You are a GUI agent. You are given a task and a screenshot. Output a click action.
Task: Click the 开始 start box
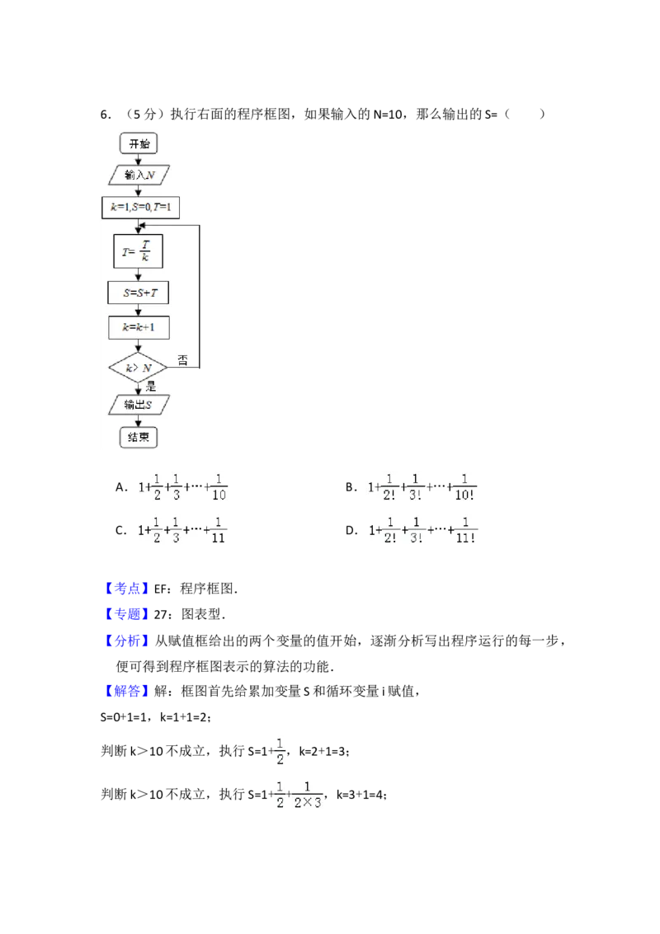(x=139, y=143)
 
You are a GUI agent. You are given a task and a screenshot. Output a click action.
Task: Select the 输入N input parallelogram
(x=139, y=175)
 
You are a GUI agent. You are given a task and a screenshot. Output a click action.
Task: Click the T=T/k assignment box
(x=138, y=251)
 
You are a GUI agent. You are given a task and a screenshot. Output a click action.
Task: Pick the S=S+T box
(x=139, y=293)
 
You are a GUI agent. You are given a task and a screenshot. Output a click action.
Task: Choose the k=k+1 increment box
(x=139, y=327)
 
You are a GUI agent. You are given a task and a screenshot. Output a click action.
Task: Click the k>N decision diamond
(x=137, y=368)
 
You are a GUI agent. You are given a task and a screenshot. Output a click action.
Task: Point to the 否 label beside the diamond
(x=182, y=359)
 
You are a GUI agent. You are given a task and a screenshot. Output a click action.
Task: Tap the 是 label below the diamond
(x=150, y=386)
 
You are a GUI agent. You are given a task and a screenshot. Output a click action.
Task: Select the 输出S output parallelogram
(x=137, y=404)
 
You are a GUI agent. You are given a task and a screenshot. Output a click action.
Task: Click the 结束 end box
(x=139, y=436)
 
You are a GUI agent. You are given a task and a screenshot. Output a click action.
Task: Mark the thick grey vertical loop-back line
(x=201, y=297)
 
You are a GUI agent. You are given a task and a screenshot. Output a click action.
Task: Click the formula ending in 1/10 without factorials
(x=182, y=487)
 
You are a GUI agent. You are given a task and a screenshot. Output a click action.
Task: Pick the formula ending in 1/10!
(x=422, y=487)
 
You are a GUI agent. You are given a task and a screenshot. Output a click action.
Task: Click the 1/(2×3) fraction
(x=308, y=795)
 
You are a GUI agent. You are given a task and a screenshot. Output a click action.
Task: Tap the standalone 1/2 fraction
(x=280, y=749)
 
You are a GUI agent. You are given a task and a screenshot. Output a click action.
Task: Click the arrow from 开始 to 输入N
(x=139, y=159)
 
